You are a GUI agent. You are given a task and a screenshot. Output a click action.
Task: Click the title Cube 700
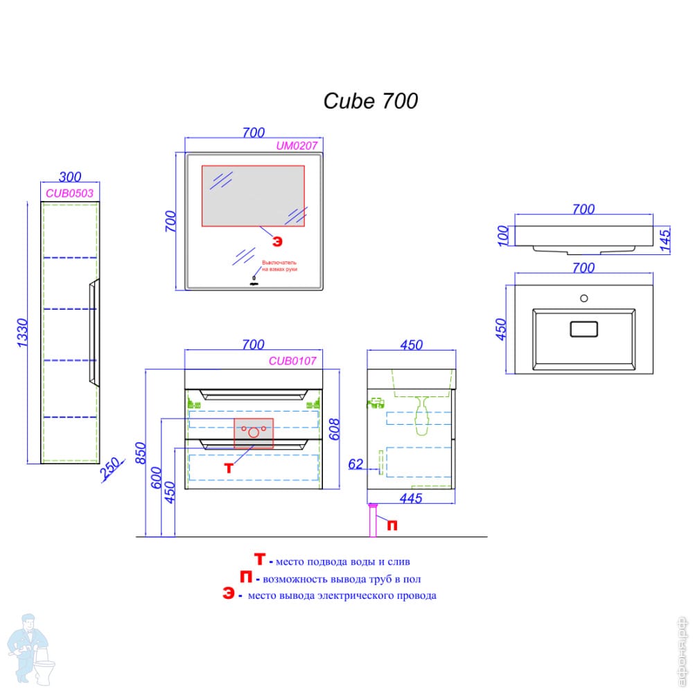coord(371,101)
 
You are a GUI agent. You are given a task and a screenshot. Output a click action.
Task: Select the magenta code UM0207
coord(297,146)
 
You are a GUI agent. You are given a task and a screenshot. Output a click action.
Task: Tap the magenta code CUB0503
coord(69,193)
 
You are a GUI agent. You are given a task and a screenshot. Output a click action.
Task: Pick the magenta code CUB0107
coord(292,360)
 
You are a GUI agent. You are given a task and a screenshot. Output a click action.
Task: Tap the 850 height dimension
coord(140,454)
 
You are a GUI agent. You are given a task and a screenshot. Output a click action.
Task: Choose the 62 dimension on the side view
coord(356,464)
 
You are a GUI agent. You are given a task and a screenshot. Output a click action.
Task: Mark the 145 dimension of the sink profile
coord(664,241)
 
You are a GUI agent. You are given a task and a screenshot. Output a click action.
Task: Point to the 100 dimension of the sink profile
coord(504,235)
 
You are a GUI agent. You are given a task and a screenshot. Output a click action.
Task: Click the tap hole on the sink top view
coord(584,299)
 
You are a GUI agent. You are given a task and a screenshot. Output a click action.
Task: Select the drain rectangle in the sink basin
coord(584,329)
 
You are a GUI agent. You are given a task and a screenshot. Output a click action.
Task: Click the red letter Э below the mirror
coord(277,241)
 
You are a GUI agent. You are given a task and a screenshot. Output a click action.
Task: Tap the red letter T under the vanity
coord(229,468)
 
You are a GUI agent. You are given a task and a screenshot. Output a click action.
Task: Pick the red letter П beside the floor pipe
coord(392,525)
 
